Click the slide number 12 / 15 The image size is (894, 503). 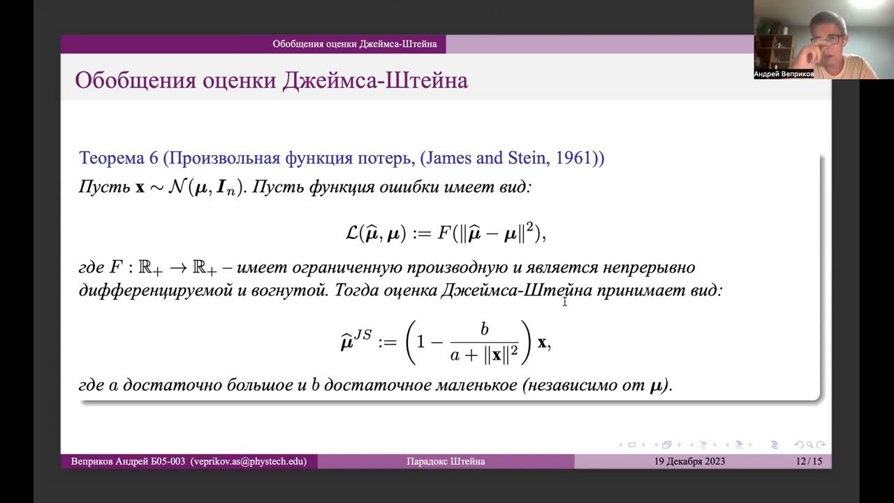click(x=808, y=461)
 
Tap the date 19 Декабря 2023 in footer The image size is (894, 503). click(x=689, y=461)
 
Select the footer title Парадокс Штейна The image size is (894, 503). click(x=446, y=461)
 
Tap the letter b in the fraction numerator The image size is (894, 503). click(x=485, y=330)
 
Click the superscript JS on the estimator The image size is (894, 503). click(x=362, y=334)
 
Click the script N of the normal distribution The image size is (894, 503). click(x=177, y=188)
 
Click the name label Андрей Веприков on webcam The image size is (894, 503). click(x=784, y=74)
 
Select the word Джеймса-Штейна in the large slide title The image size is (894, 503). click(x=375, y=81)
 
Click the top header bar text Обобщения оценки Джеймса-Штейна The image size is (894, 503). click(x=354, y=44)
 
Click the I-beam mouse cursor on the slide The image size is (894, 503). click(x=564, y=301)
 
